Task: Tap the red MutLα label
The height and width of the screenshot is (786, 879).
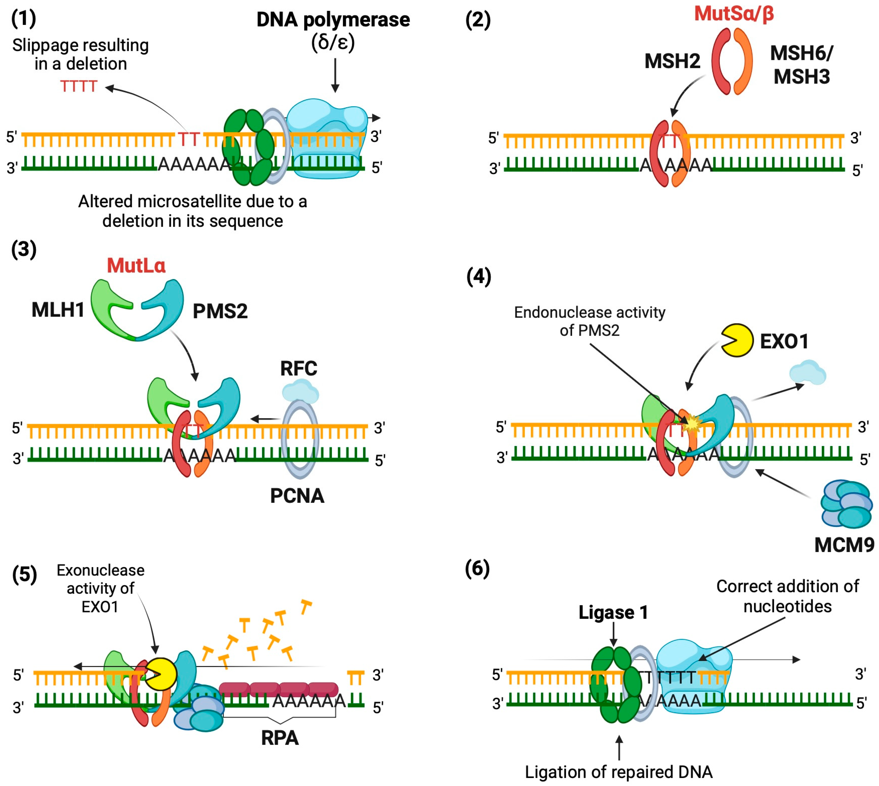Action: click(136, 265)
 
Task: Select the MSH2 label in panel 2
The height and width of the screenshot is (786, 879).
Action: click(672, 61)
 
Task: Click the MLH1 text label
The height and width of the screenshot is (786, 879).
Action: click(58, 310)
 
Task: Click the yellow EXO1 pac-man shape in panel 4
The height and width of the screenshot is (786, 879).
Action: click(737, 340)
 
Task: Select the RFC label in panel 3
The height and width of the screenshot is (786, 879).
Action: click(299, 368)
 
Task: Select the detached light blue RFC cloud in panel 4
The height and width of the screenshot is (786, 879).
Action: click(807, 372)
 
